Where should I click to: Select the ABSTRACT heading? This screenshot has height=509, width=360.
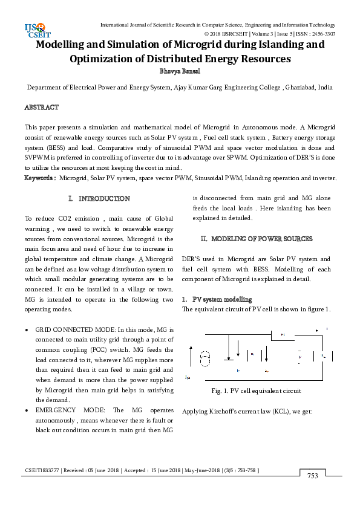[41, 108]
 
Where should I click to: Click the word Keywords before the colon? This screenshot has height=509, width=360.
[39, 178]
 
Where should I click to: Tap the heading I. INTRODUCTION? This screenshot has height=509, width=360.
[99, 199]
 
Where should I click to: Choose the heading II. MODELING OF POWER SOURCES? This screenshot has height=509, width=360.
[257, 239]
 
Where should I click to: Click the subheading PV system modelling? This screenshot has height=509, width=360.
[222, 300]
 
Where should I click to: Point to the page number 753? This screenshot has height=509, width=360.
[312, 476]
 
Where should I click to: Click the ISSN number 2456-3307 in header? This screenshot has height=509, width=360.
[321, 34]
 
